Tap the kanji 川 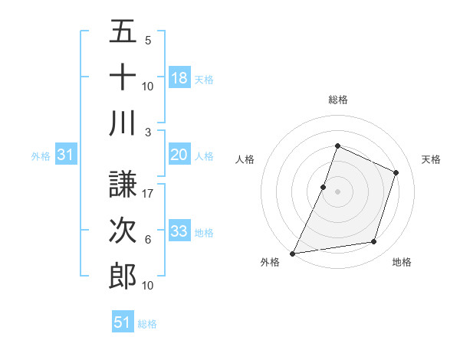coord(123,123)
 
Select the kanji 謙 coord(123,185)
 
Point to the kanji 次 coord(123,231)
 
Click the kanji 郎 coord(123,276)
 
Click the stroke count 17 coord(148,193)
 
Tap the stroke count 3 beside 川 coord(147,132)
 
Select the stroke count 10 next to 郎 coord(148,285)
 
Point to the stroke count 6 coord(147,239)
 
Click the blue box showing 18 coord(179,77)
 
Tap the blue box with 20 coord(179,155)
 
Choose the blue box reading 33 coord(179,231)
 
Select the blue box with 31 coord(65,155)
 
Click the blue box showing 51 coord(123,322)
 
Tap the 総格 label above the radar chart coord(337,100)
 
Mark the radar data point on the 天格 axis coord(396,172)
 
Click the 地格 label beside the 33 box coord(205,232)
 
